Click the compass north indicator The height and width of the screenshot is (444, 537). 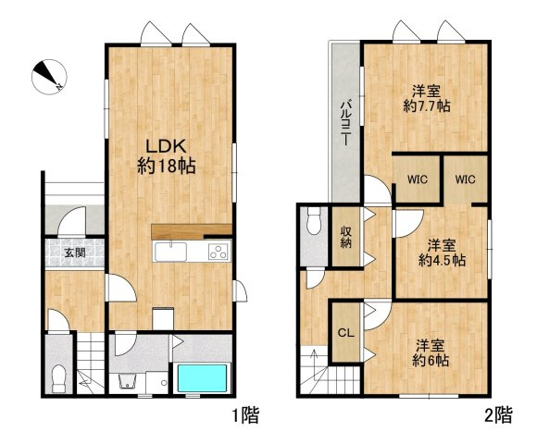click(49, 77)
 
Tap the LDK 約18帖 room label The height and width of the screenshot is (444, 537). click(167, 157)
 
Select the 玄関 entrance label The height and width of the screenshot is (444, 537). click(75, 253)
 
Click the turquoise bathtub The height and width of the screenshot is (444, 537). click(202, 378)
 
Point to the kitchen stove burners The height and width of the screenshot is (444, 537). click(219, 252)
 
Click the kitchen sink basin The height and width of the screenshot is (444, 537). click(170, 253)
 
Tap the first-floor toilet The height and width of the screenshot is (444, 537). click(58, 378)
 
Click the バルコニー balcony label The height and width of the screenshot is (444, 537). click(345, 122)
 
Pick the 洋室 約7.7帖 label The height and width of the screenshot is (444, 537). click(427, 99)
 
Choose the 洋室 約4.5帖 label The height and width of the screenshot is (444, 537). click(442, 253)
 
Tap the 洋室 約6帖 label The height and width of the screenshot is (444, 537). click(431, 353)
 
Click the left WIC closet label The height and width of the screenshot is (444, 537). click(418, 179)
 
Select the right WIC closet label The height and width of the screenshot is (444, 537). click(465, 179)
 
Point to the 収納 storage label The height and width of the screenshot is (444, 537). click(346, 237)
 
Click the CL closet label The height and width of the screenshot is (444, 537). click(346, 333)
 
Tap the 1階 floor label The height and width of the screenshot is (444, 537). click(245, 415)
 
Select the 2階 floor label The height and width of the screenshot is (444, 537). click(499, 415)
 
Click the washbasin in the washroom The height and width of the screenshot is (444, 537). click(128, 382)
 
